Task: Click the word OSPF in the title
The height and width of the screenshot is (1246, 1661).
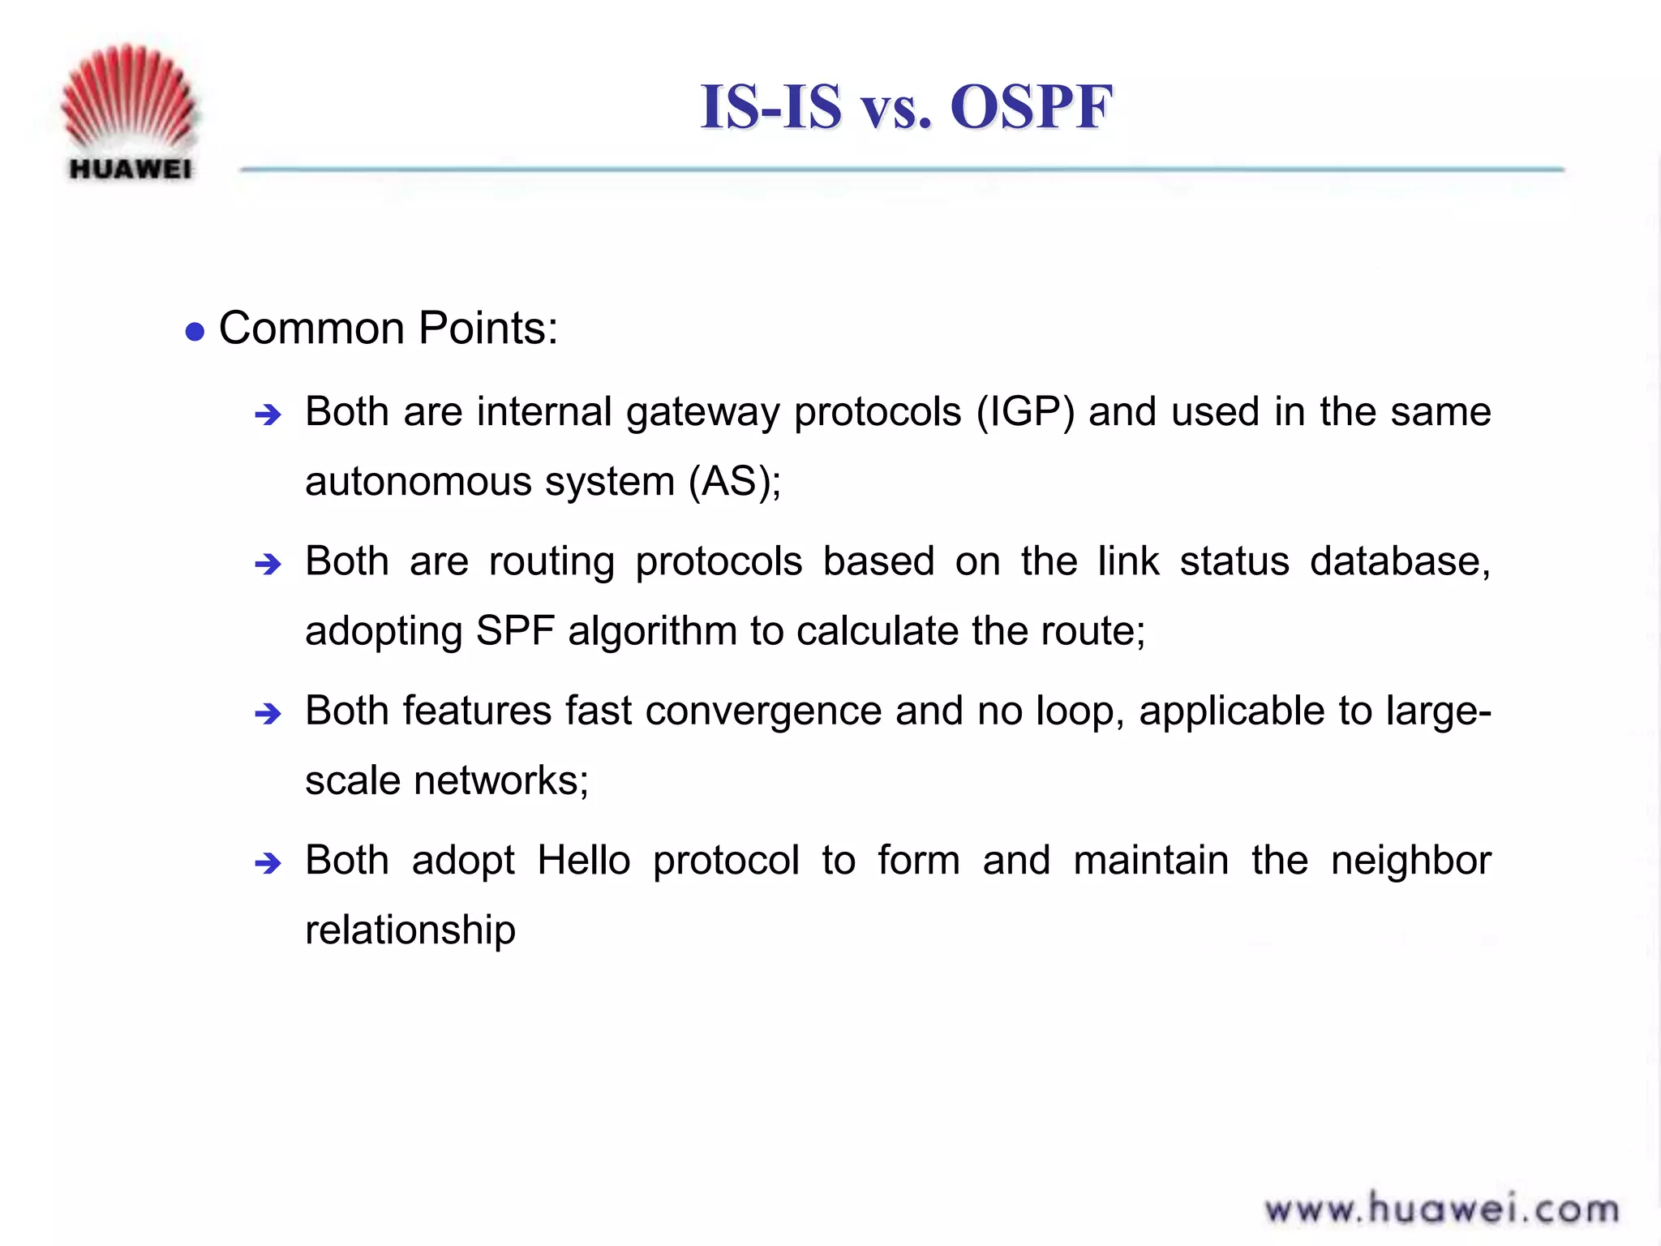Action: coord(1031,106)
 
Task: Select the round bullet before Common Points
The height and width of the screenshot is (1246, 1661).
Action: coord(195,332)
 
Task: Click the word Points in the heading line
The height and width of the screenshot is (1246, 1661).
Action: coord(488,329)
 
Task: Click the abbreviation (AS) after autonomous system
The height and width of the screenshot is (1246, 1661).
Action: coord(735,482)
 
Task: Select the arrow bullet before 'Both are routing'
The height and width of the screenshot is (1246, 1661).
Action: coord(268,565)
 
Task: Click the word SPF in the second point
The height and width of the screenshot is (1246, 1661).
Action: coord(515,631)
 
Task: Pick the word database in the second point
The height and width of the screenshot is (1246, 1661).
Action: coord(1400,561)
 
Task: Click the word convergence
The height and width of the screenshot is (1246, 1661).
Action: coord(763,711)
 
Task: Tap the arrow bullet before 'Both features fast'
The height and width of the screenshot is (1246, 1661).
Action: coord(268,715)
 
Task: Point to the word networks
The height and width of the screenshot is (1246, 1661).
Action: coord(500,781)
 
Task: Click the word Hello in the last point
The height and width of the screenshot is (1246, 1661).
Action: coord(583,861)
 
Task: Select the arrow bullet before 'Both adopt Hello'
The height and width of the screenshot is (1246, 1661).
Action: coord(268,864)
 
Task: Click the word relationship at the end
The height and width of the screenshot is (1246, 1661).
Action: coord(410,930)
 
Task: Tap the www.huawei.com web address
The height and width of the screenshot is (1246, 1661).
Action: coord(1441,1209)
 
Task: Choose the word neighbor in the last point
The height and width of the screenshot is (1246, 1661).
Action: coord(1410,861)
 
